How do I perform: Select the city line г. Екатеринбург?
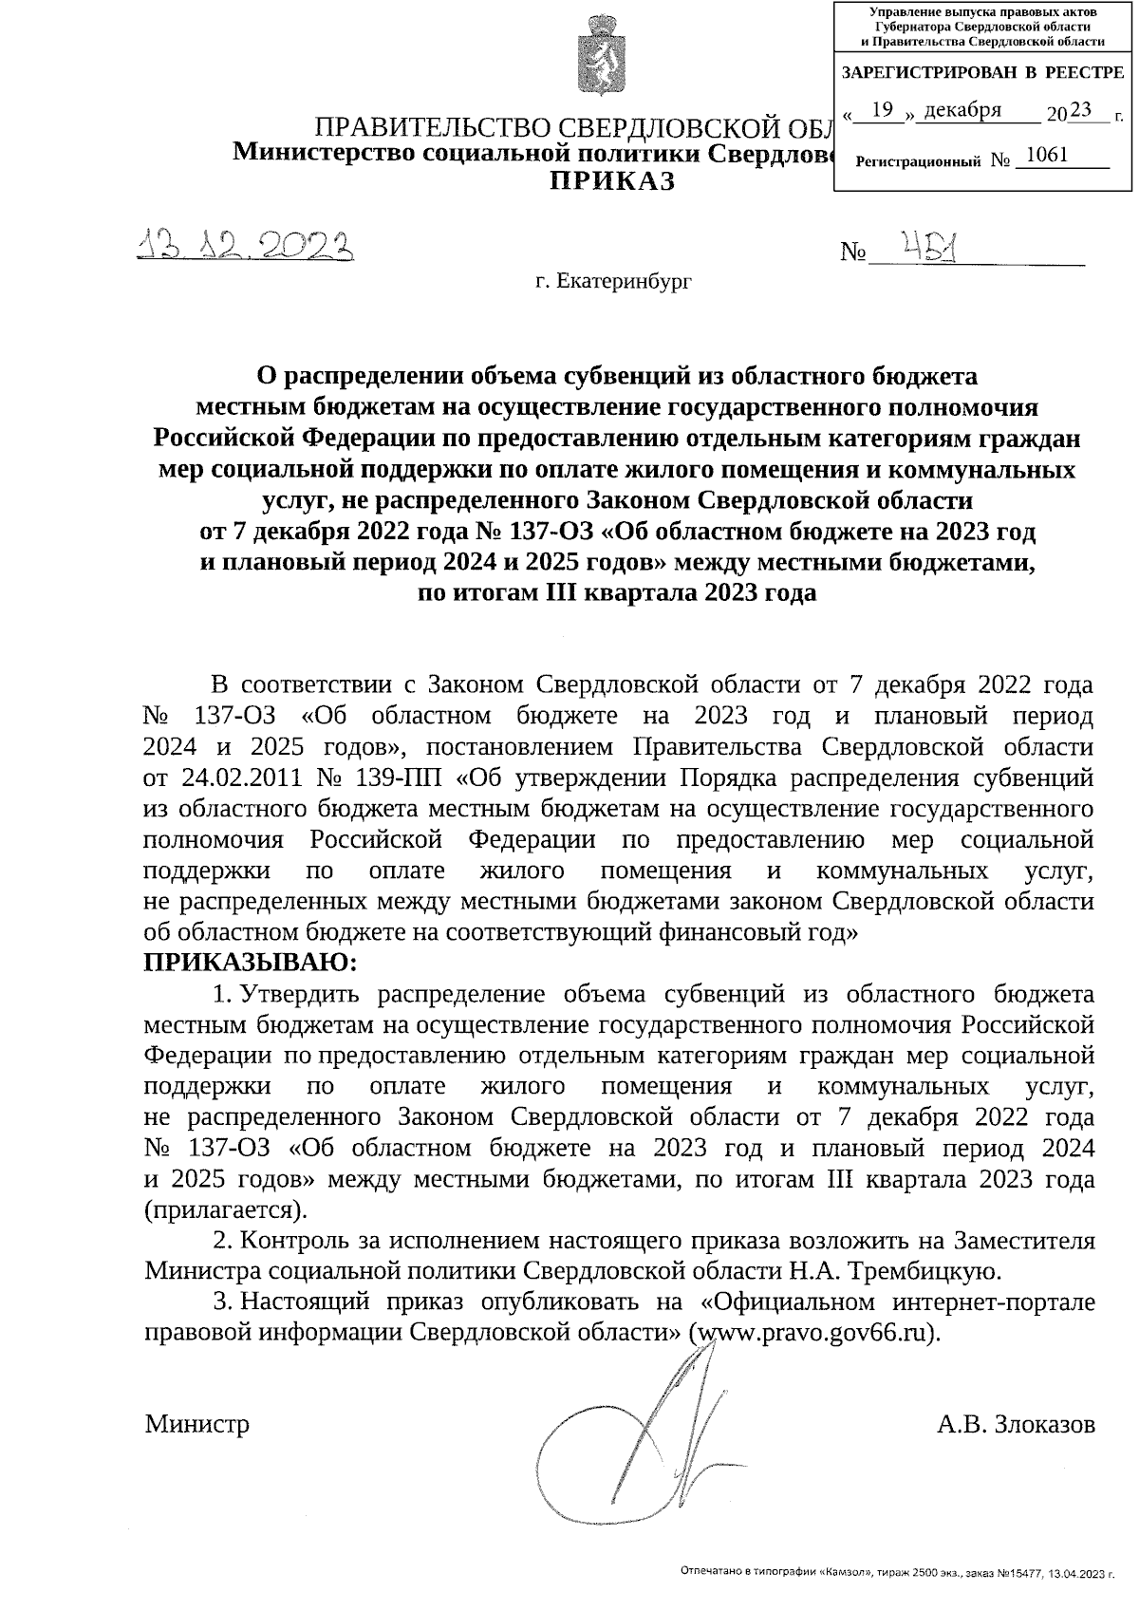pos(613,281)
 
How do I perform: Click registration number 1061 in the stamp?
pos(1046,155)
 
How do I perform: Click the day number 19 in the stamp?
pos(883,110)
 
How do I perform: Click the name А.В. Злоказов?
pos(1015,1424)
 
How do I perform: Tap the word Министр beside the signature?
pos(197,1424)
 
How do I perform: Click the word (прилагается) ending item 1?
pos(225,1210)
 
